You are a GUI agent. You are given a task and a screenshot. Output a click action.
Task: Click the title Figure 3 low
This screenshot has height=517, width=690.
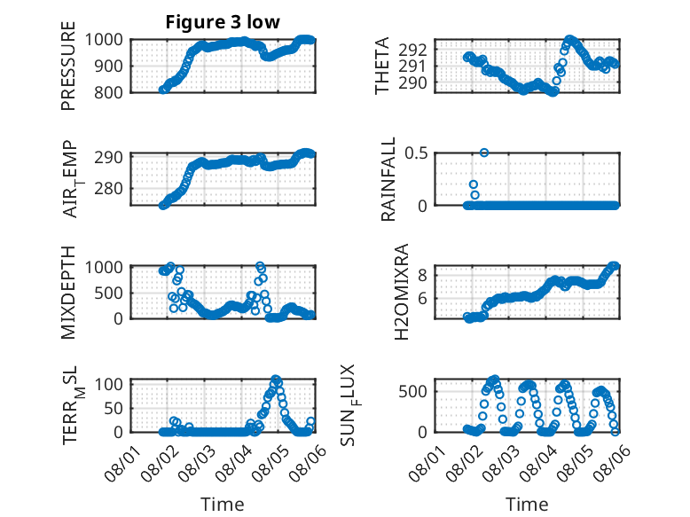[x=223, y=22]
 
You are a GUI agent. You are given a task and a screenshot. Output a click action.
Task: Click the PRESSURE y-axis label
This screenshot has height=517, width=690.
[x=68, y=66]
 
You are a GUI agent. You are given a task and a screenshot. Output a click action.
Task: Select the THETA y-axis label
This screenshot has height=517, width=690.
[x=382, y=66]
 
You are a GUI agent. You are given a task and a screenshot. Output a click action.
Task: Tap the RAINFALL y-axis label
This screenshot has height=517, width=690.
[x=388, y=179]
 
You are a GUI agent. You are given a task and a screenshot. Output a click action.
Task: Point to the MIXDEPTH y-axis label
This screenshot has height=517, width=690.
[x=68, y=293]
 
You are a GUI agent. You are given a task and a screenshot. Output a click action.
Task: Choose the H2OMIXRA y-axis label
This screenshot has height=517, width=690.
[x=402, y=292]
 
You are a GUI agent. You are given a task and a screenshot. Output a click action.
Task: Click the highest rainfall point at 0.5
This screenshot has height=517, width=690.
[x=484, y=153]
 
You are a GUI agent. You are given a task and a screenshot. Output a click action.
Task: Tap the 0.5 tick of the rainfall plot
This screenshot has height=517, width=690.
[x=416, y=153]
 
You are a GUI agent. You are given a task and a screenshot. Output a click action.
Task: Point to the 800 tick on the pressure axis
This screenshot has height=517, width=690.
[x=108, y=93]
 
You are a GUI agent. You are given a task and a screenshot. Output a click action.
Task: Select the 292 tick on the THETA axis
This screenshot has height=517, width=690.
[x=412, y=51]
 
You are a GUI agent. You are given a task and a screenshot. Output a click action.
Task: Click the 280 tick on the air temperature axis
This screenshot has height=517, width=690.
[x=108, y=189]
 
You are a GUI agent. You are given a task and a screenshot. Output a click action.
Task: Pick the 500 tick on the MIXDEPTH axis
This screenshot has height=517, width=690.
[x=108, y=293]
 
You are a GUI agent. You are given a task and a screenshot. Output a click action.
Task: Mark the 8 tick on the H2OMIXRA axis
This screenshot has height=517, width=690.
[x=422, y=276]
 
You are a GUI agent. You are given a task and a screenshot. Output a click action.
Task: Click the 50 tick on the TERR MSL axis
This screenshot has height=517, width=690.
[x=114, y=409]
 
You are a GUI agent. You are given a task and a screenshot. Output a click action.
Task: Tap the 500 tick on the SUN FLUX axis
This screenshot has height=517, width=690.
[x=412, y=392]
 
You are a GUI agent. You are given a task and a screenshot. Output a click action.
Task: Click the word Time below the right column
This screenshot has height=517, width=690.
[x=527, y=505]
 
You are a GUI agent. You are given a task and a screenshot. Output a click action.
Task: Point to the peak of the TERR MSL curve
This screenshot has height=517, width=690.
[x=276, y=380]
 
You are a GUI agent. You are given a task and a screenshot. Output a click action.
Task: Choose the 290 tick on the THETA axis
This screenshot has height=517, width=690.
[x=412, y=82]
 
